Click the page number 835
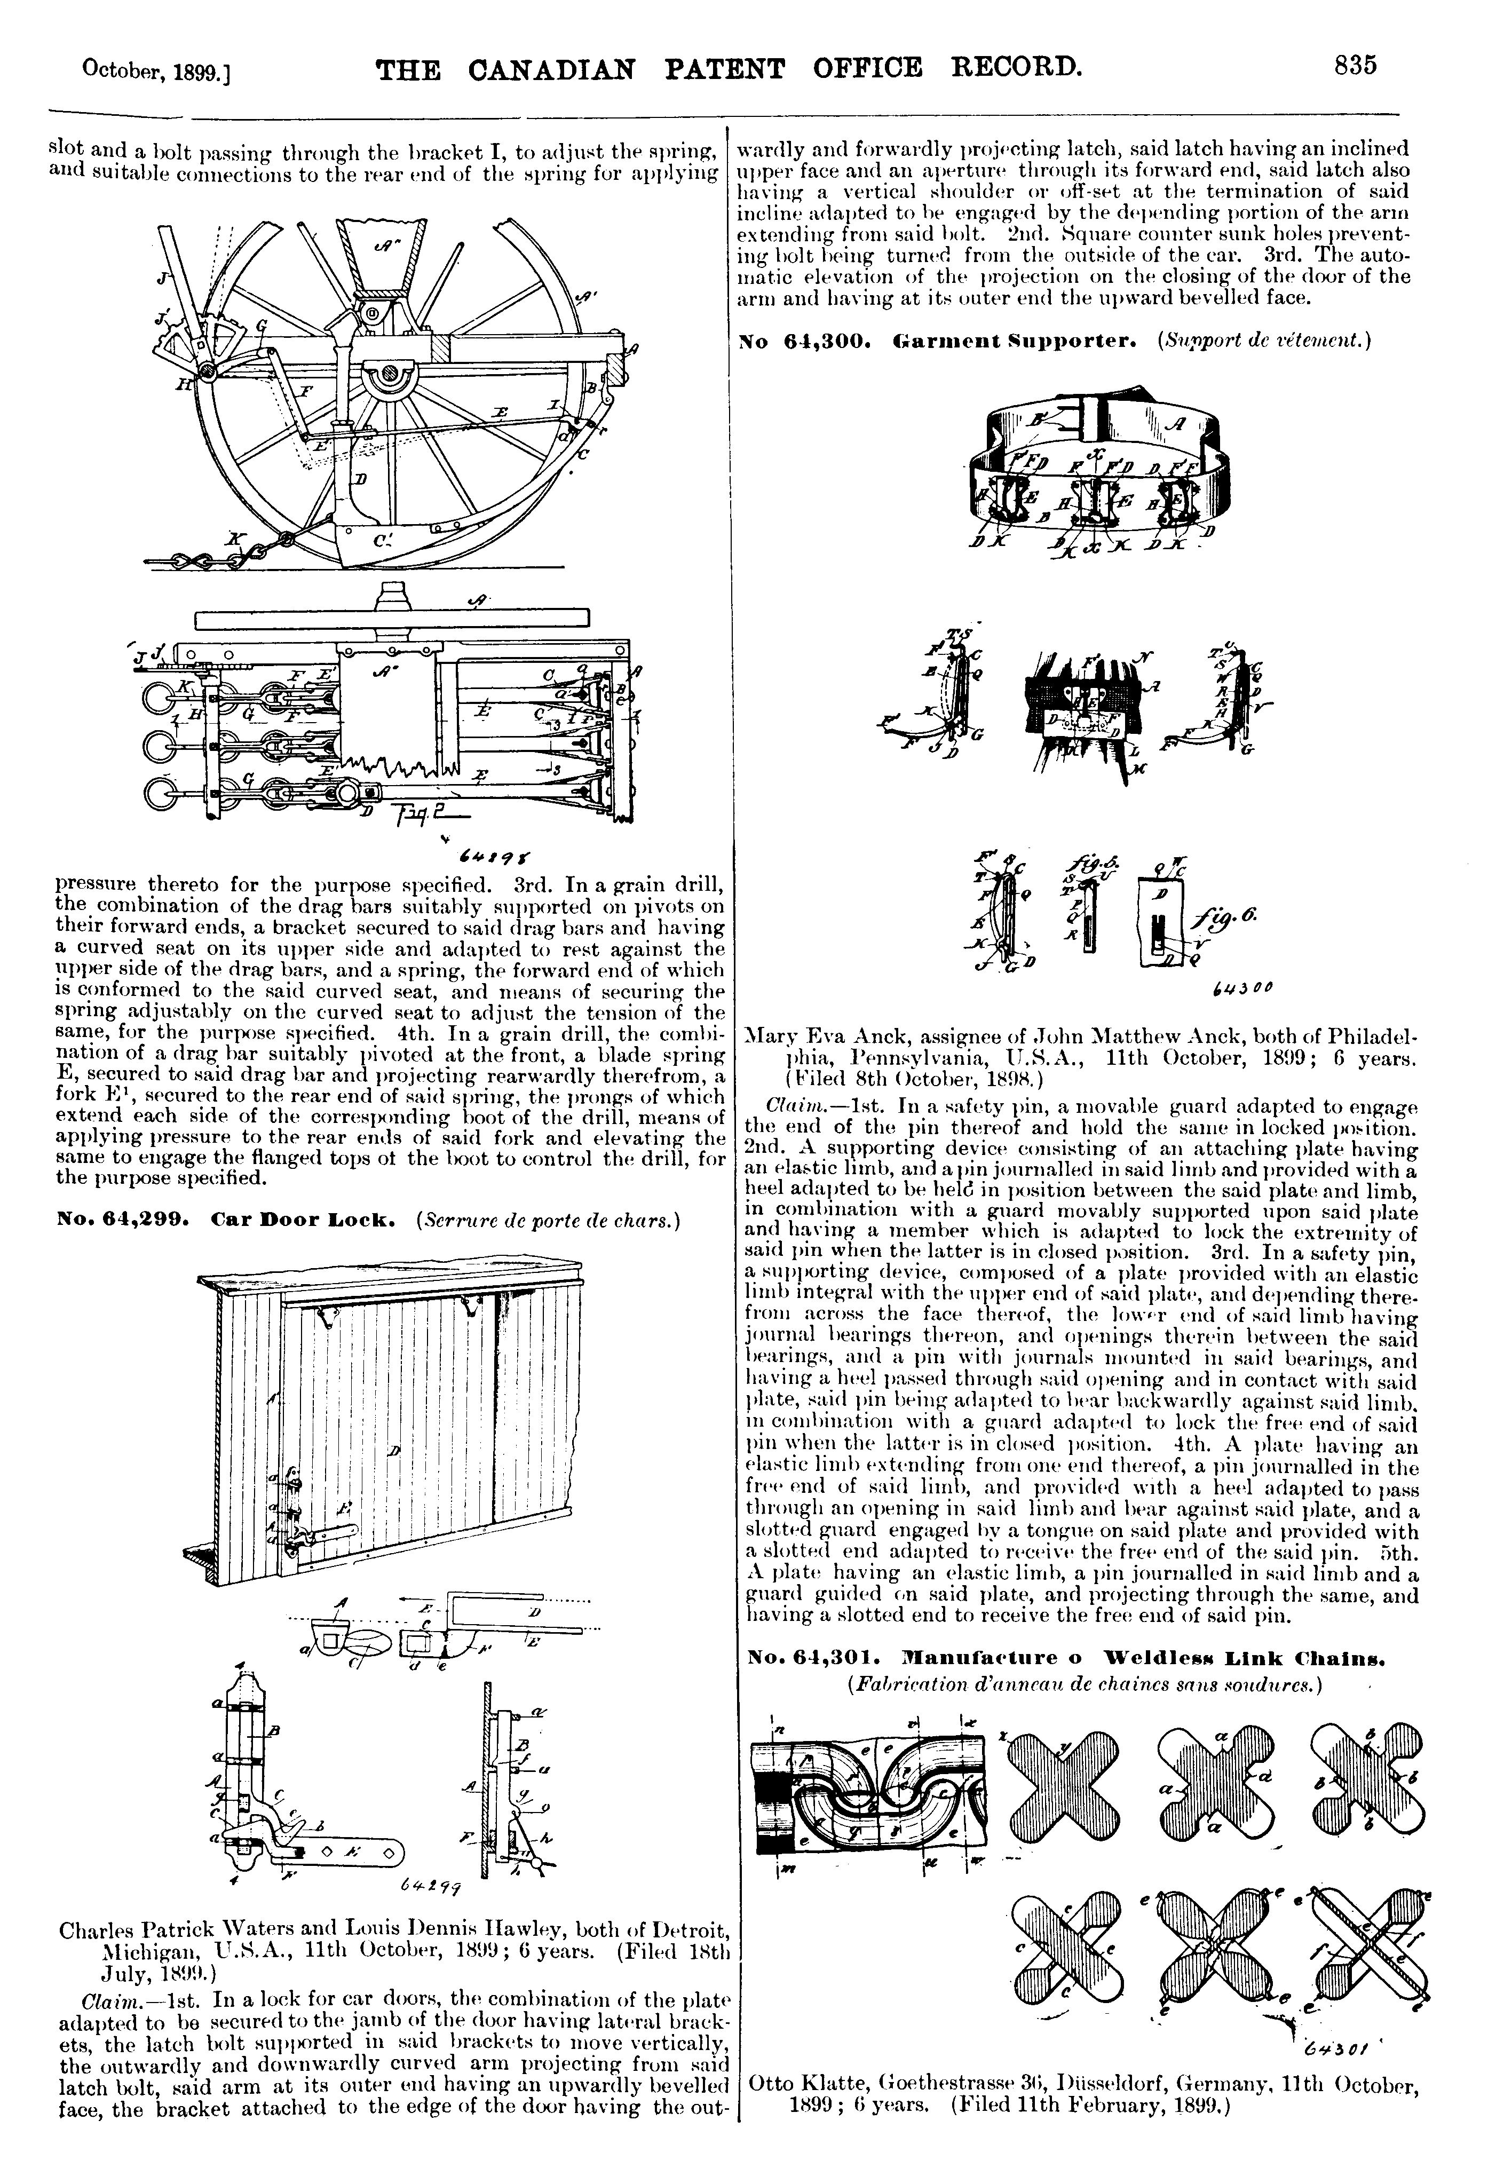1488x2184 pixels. (x=1354, y=67)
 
